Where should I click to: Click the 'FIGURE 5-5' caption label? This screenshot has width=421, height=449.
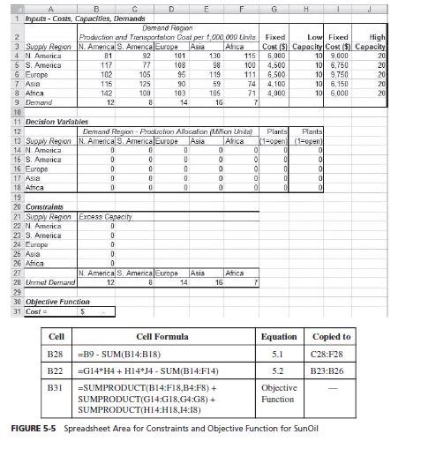tap(34, 429)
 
